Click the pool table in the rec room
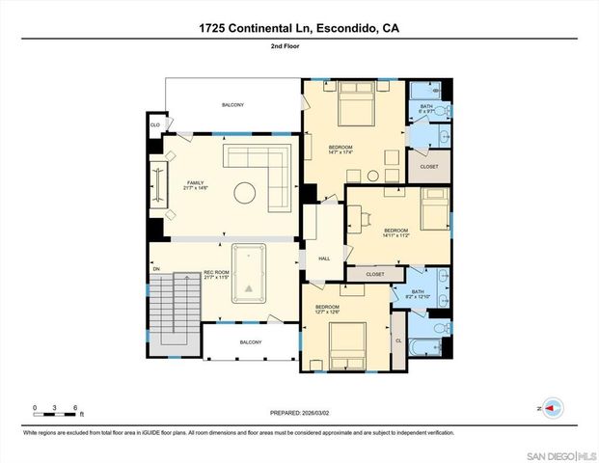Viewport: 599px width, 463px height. [x=250, y=275]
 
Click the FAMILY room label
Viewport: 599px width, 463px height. [x=197, y=183]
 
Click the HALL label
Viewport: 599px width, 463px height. [x=324, y=259]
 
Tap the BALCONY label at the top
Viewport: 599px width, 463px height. [x=232, y=104]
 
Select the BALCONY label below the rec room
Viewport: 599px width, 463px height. [x=250, y=342]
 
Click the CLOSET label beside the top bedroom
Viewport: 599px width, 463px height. [x=429, y=167]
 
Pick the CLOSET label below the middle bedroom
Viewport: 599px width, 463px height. [x=374, y=275]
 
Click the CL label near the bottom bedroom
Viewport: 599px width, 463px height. [x=398, y=340]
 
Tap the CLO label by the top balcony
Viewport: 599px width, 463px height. [x=154, y=125]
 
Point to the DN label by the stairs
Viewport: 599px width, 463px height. [x=157, y=269]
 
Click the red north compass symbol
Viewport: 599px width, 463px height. [x=553, y=408]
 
